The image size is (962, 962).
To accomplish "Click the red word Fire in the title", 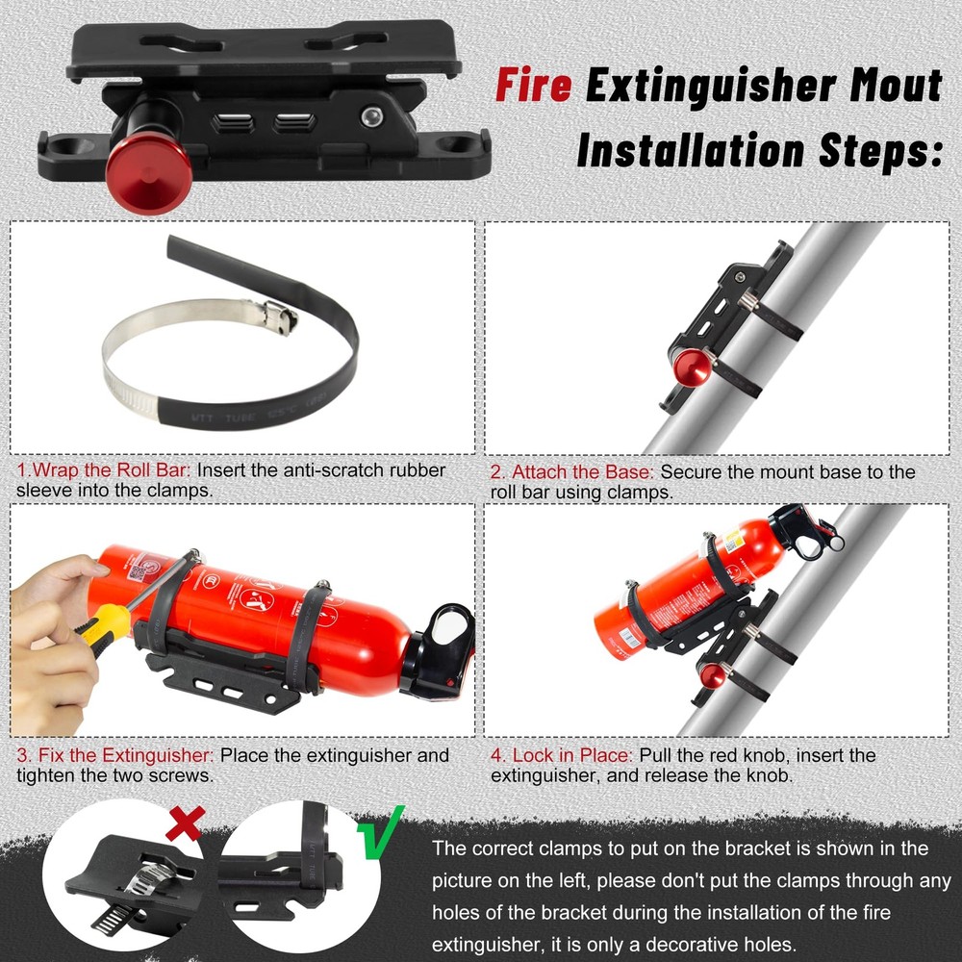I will click(x=534, y=86).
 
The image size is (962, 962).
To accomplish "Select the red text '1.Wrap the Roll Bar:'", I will click(x=105, y=471).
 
